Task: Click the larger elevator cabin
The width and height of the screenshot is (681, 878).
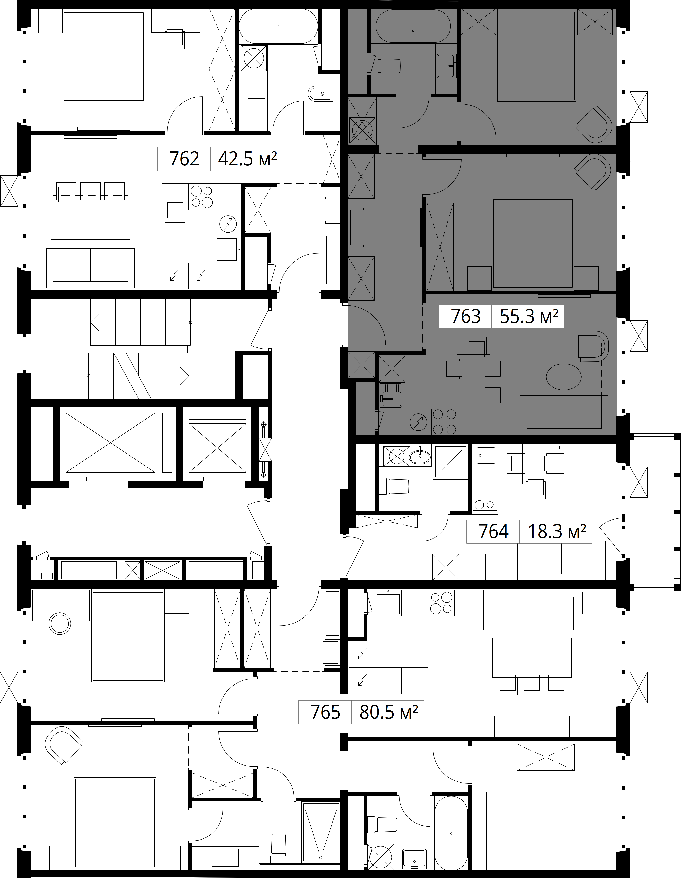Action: click(x=110, y=443)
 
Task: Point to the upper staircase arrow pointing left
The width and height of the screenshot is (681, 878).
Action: click(x=141, y=322)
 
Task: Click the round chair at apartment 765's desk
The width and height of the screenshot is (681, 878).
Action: click(x=59, y=624)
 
